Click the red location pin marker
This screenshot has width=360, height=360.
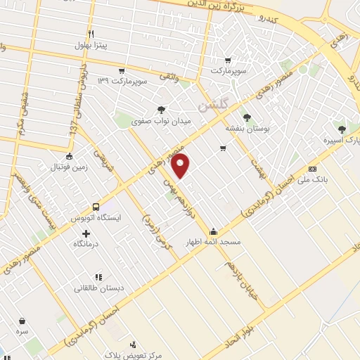click(181, 166)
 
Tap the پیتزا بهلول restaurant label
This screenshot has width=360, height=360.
click(89, 46)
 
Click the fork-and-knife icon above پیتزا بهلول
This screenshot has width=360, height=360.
click(90, 34)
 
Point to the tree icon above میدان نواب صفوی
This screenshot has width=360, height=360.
click(162, 109)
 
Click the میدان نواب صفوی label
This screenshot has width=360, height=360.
click(162, 121)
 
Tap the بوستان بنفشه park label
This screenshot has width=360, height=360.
click(245, 129)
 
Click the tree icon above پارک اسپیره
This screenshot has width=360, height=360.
click(341, 129)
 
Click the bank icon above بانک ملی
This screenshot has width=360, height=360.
click(313, 168)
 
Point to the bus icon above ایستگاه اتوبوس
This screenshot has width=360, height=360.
click(101, 207)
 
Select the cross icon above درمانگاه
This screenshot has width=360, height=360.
click(86, 233)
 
